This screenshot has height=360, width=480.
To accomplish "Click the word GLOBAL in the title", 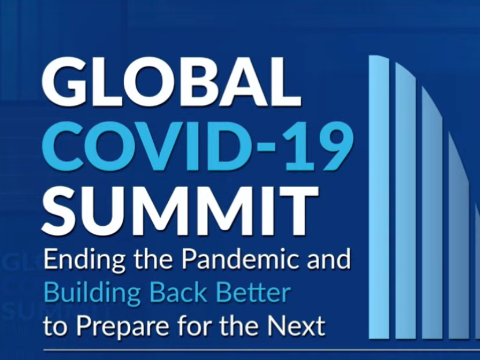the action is click(x=171, y=82).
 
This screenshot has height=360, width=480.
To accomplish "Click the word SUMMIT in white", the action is click(x=180, y=211).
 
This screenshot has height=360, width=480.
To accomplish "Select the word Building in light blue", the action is click(x=92, y=293).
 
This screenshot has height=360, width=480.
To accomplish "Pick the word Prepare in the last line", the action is click(x=123, y=326).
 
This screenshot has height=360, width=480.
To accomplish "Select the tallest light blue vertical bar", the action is click(x=379, y=197).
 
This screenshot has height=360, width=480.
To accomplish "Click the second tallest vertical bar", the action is click(x=405, y=201).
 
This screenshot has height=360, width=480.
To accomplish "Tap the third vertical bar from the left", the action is click(x=432, y=212).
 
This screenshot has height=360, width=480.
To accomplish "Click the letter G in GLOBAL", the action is click(x=64, y=82).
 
